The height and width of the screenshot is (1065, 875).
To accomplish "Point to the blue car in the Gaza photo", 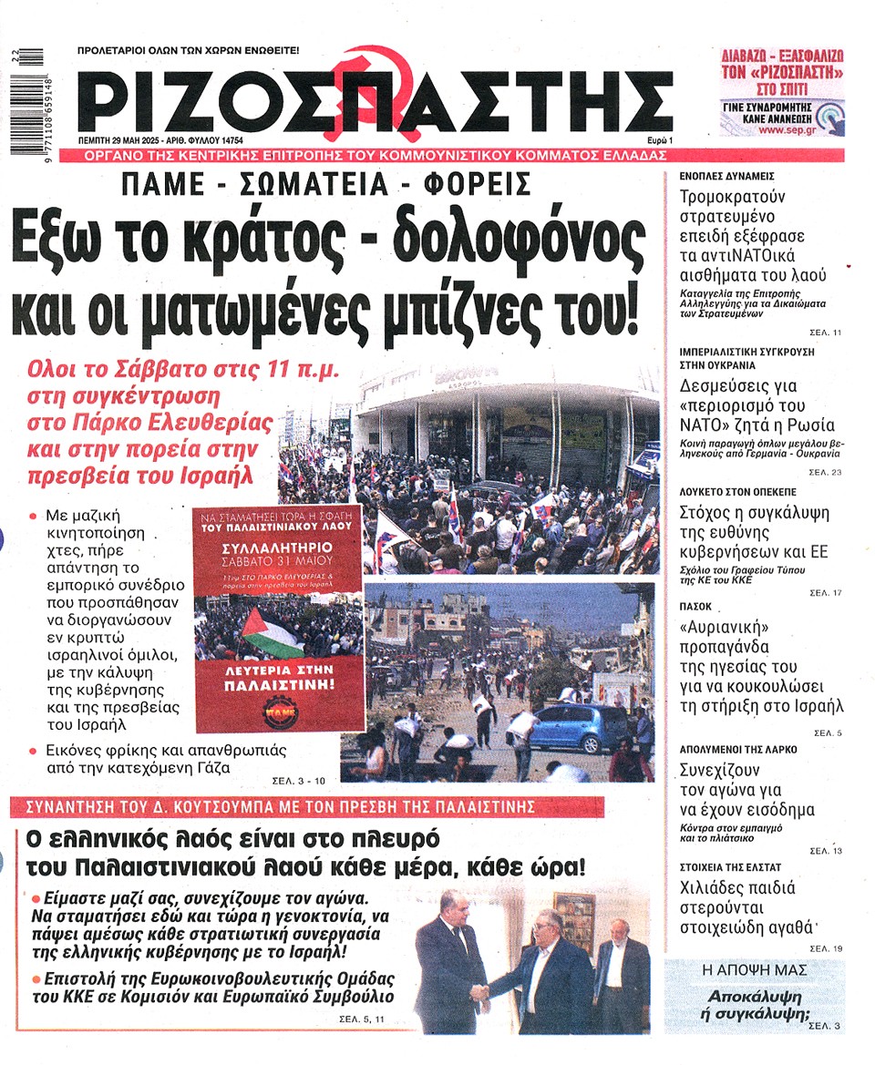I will (578, 725).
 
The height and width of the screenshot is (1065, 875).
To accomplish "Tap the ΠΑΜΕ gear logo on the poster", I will (279, 711).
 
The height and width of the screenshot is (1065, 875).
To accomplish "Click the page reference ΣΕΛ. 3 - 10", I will (298, 780).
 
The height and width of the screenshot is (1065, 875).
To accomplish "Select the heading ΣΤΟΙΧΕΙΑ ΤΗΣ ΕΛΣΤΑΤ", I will (737, 866).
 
